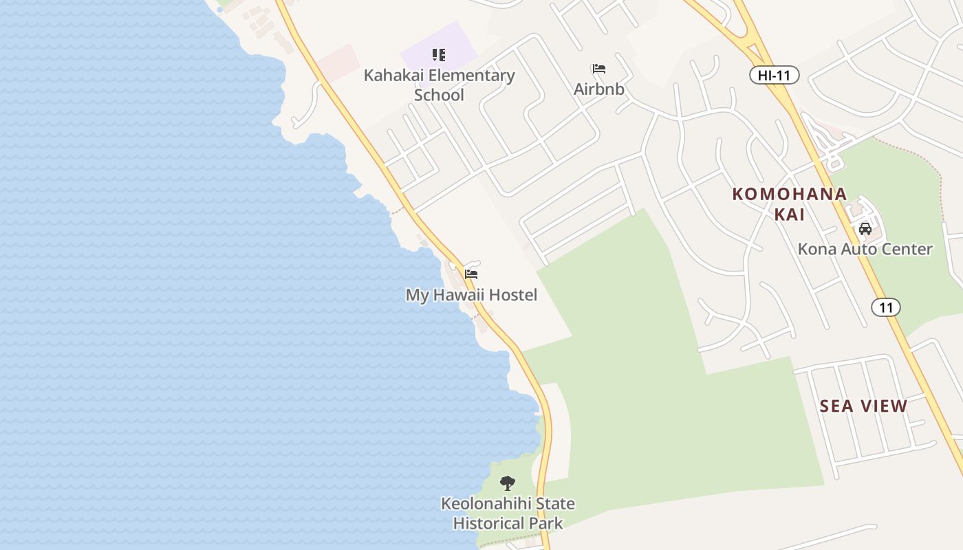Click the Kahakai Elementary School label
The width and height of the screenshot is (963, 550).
click(x=439, y=85)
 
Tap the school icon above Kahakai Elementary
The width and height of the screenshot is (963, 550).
click(x=439, y=55)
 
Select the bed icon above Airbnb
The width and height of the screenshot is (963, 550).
click(x=598, y=69)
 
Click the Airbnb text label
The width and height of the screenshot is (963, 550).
click(x=599, y=89)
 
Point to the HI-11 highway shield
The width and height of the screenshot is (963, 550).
click(x=774, y=76)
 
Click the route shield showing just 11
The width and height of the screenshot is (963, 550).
click(x=885, y=307)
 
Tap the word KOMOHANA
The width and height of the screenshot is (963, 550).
click(x=789, y=194)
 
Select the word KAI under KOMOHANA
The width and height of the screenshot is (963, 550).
click(x=789, y=214)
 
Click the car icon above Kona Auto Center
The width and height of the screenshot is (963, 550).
click(x=865, y=228)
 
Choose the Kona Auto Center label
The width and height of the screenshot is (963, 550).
click(x=865, y=249)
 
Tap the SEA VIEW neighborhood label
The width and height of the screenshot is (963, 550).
click(x=863, y=406)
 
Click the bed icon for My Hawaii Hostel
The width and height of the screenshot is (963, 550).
click(x=471, y=274)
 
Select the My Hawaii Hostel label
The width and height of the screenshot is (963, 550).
click(x=471, y=295)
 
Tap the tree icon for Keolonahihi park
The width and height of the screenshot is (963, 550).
click(x=508, y=483)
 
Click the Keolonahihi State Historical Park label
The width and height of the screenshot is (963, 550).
click(x=508, y=513)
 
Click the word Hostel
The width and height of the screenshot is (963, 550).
click(x=512, y=295)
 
